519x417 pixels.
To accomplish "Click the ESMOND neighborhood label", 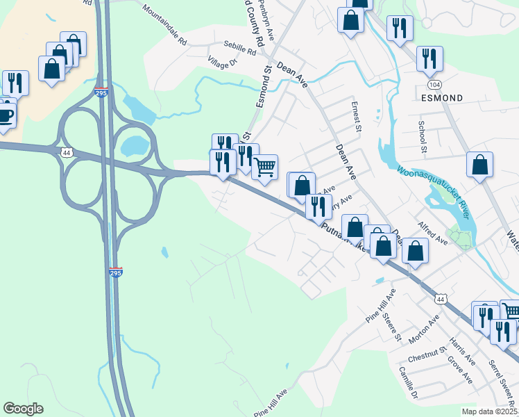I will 442,98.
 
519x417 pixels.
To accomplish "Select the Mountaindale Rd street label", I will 164,26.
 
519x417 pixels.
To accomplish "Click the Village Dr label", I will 223,63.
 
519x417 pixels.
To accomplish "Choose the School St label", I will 421,136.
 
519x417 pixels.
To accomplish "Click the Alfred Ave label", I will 432,233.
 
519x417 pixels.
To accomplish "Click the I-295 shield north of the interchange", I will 101,92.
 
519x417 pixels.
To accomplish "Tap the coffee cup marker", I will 5,116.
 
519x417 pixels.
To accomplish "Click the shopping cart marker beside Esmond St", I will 264,167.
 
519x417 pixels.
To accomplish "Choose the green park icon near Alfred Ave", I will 459,238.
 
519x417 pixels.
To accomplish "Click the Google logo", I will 23,409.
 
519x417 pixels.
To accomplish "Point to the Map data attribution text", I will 489,411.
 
